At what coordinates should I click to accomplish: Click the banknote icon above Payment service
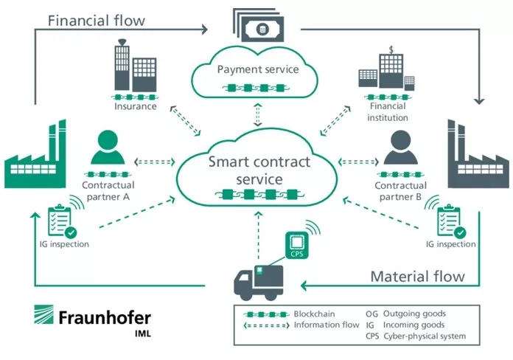click(x=259, y=26)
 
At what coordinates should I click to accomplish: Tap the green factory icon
click(x=35, y=154)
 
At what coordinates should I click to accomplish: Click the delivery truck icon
click(x=259, y=283)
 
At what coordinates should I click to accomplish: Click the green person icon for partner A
click(x=108, y=148)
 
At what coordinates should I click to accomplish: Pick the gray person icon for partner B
click(x=400, y=148)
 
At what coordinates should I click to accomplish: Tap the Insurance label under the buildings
click(x=136, y=106)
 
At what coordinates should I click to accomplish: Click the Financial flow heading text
click(x=96, y=21)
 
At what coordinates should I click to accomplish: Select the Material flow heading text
click(x=417, y=277)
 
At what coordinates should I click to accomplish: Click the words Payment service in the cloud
click(x=258, y=69)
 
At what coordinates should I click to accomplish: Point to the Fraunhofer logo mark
click(x=43, y=314)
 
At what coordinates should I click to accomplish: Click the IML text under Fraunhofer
click(x=143, y=333)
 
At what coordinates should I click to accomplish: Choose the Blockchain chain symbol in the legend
click(x=266, y=314)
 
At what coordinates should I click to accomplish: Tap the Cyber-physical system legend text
click(x=425, y=336)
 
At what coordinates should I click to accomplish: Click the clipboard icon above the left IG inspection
click(x=60, y=220)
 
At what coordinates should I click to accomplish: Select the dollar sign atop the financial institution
click(x=391, y=49)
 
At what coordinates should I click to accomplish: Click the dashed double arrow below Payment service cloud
click(x=258, y=114)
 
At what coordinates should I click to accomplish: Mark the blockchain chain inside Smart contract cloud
click(x=259, y=195)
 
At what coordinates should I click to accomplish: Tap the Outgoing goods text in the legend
click(x=414, y=314)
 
